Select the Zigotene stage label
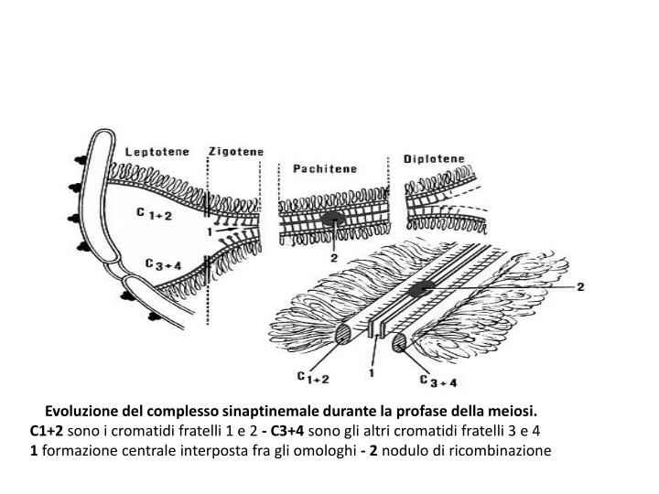[235, 151]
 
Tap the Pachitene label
[325, 169]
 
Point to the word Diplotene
[434, 158]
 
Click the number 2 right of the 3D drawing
[578, 286]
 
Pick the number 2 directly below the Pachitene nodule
[334, 259]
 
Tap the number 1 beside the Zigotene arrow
[210, 231]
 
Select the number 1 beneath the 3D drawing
[372, 373]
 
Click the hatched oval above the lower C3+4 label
[401, 344]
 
